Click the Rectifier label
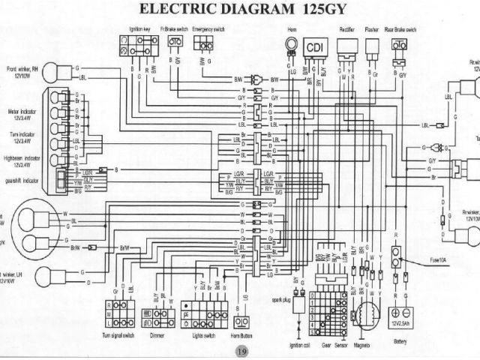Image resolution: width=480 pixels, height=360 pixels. coord(346,28)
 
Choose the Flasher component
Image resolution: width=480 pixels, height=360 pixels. coord(371,46)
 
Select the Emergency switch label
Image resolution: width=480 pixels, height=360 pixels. coord(205,28)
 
